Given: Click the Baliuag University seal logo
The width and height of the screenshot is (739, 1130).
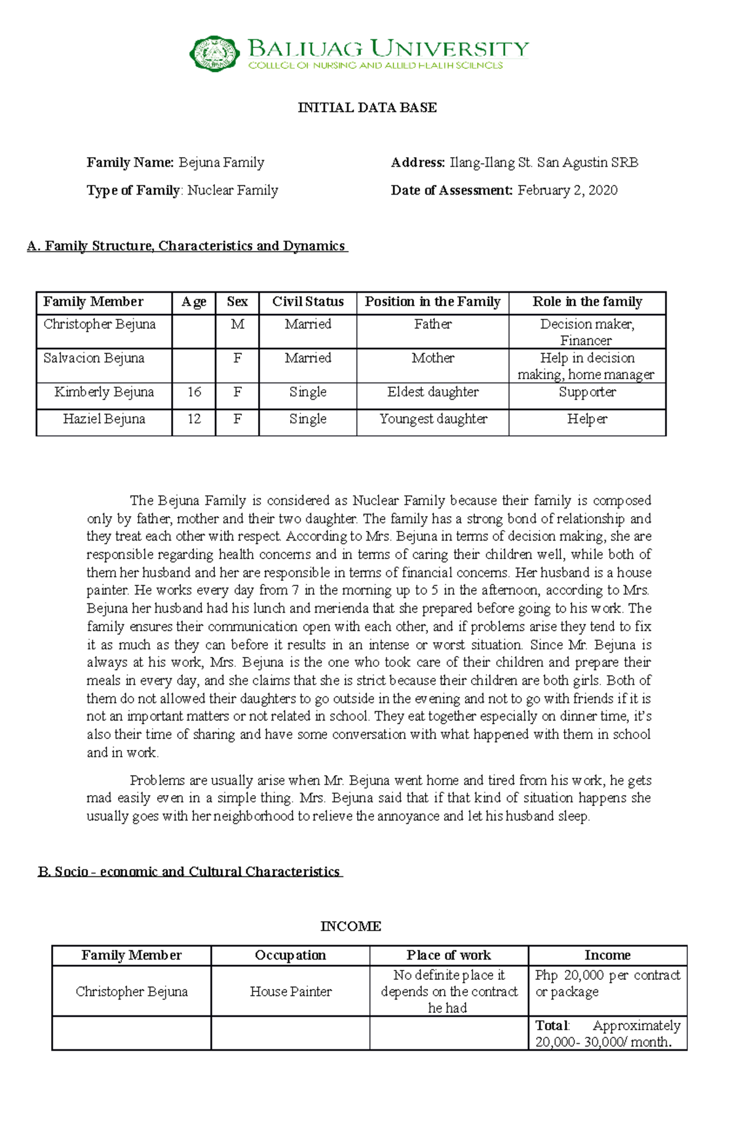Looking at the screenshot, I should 214,54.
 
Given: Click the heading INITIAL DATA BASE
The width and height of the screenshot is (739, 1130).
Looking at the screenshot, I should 367,108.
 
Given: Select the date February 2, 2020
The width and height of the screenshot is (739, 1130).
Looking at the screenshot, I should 567,190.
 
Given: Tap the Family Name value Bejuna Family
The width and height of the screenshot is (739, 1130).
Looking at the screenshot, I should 222,163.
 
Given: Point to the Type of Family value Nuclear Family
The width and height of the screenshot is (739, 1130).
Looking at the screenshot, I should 233,190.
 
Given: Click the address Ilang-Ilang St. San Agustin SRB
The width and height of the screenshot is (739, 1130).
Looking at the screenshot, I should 544,163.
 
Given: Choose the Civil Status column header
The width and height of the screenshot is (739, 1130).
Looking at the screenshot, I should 308,302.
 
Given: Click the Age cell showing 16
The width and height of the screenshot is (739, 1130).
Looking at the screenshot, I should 194,392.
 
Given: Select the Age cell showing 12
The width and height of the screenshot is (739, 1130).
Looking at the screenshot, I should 194,419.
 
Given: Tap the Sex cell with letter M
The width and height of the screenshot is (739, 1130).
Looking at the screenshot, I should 237,325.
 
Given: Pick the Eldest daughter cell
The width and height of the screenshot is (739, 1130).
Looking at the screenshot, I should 432,392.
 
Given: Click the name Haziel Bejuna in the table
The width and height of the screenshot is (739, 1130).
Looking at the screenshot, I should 104,419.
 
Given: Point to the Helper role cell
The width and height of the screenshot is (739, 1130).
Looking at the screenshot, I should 587,419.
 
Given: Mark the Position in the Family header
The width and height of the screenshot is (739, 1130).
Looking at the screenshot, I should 432,302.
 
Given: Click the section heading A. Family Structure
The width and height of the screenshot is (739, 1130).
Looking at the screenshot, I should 187,246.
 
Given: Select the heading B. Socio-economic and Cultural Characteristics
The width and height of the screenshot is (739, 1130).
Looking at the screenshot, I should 190,871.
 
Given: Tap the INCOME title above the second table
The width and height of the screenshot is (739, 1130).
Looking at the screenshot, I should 350,926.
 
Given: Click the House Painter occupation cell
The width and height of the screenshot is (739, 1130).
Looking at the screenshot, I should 291,991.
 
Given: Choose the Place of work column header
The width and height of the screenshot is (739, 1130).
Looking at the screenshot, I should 448,955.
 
